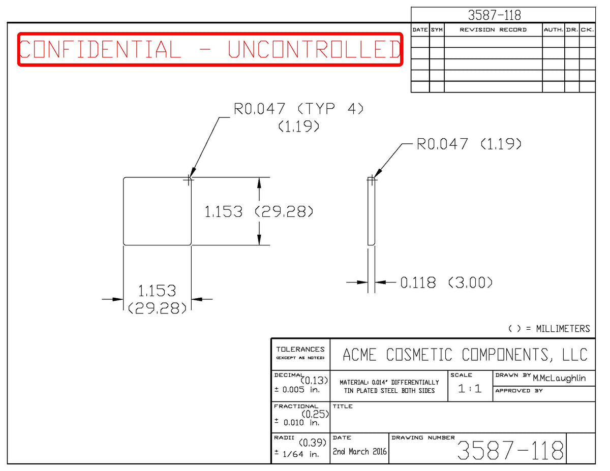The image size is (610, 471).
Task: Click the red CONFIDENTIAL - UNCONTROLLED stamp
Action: (x=210, y=49)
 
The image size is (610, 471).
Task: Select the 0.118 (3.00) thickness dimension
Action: (x=446, y=282)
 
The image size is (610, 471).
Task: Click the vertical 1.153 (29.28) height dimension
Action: (x=259, y=211)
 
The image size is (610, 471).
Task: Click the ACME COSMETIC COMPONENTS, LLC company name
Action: (x=465, y=355)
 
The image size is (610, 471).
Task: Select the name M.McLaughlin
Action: (x=559, y=379)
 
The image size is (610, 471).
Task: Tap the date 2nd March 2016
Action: (x=359, y=452)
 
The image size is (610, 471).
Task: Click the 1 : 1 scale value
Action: (x=470, y=389)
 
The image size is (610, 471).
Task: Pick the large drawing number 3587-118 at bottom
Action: (x=510, y=450)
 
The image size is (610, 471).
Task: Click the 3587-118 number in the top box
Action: (x=494, y=15)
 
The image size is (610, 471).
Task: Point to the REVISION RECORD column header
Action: (x=493, y=30)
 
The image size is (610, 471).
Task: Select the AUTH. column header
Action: (x=553, y=30)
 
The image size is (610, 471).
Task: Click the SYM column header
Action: (x=437, y=30)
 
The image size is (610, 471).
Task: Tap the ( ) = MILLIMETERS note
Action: (x=549, y=329)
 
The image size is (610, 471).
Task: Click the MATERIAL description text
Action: (x=389, y=387)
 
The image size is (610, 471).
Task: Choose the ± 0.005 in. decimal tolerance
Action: (x=297, y=390)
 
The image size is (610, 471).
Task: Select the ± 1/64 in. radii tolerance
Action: (x=297, y=454)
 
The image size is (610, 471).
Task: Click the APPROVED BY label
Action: (x=519, y=391)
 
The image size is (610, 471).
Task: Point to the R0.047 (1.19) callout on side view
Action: (x=469, y=144)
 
